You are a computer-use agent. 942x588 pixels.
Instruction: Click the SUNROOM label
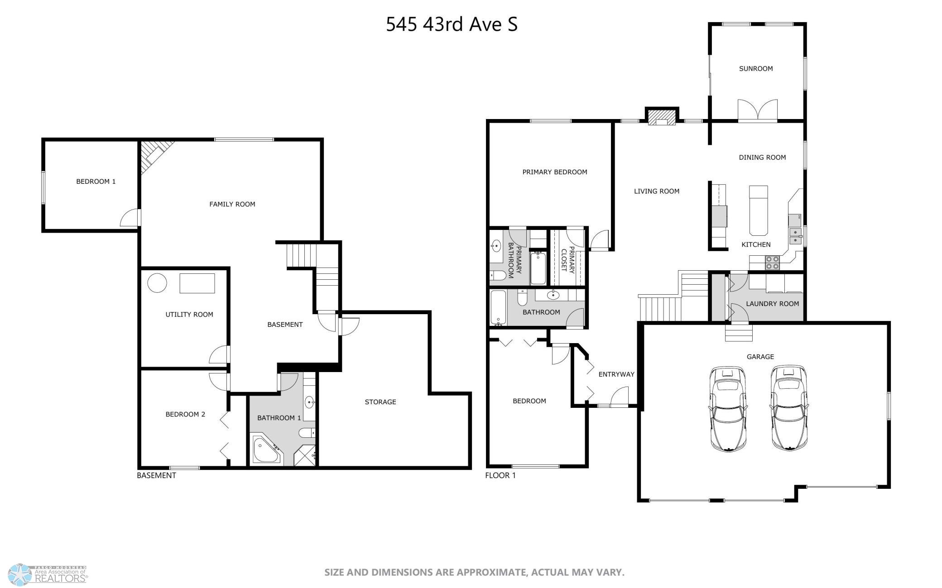click(756, 69)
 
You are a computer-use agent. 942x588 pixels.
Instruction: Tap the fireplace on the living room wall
click(662, 116)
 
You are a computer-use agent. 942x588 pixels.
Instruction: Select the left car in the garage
click(727, 409)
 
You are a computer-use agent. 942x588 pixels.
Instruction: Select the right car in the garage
click(789, 408)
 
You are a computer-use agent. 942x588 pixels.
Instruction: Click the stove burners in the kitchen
click(773, 263)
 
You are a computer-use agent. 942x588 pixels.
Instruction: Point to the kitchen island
click(759, 210)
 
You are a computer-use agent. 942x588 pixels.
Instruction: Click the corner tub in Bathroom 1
click(267, 449)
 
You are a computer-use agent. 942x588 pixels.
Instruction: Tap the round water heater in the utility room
click(157, 283)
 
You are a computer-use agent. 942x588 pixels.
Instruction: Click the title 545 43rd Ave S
click(452, 24)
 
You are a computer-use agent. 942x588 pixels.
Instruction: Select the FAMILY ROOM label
click(232, 204)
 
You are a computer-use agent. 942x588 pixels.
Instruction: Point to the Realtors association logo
click(48, 574)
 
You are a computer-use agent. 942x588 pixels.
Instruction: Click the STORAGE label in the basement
click(380, 402)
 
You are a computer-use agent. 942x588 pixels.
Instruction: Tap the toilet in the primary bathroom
click(498, 275)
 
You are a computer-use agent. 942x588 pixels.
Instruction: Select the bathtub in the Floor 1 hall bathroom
click(498, 308)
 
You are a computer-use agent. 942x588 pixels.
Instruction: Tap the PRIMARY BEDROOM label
click(555, 172)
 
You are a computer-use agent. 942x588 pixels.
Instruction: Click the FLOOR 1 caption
click(500, 475)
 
